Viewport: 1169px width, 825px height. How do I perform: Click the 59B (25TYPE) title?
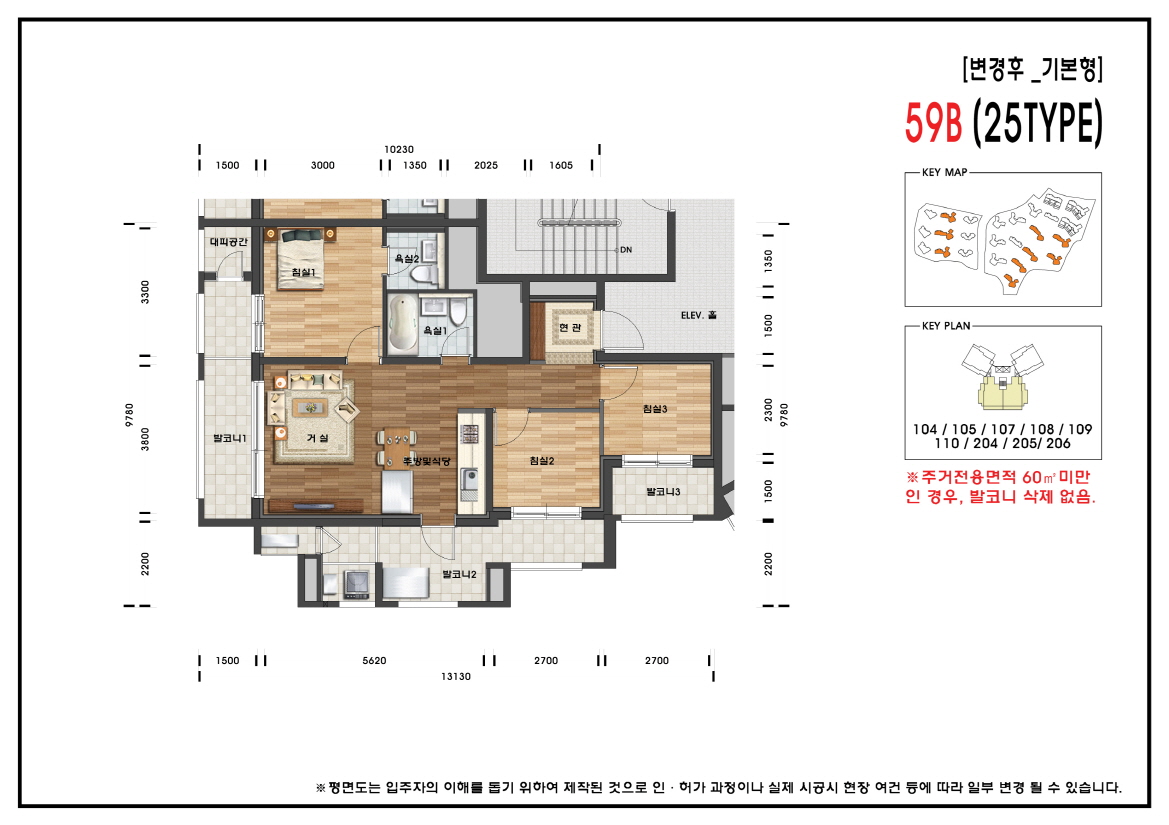(1003, 123)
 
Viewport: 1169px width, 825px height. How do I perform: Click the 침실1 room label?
(303, 272)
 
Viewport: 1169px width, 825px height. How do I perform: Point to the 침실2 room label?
(541, 460)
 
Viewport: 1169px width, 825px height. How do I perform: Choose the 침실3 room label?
(655, 408)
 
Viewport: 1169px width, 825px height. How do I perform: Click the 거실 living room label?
(318, 439)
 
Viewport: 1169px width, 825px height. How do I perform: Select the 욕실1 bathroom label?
(434, 330)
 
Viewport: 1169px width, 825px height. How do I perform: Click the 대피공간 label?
(228, 242)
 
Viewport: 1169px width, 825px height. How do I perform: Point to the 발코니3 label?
(663, 492)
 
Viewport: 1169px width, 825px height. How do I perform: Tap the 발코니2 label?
(458, 574)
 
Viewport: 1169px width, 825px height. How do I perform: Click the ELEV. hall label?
(699, 316)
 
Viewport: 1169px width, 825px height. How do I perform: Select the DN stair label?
(626, 250)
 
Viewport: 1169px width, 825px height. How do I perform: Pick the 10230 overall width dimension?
(398, 150)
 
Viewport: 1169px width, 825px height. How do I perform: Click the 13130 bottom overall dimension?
(455, 676)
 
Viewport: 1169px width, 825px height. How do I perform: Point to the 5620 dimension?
(374, 661)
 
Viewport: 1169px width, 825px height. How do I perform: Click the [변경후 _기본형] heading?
(1032, 70)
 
